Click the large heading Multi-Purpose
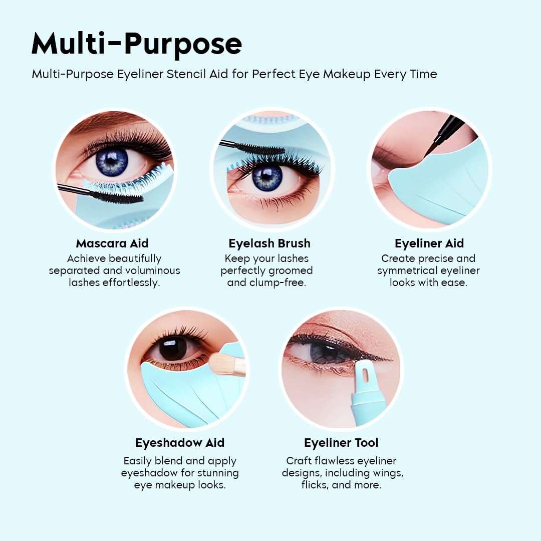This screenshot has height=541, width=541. click(x=136, y=44)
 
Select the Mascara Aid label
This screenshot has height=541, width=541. click(x=112, y=243)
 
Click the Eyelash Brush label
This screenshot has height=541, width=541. click(x=269, y=243)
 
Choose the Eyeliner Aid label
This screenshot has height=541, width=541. click(x=429, y=243)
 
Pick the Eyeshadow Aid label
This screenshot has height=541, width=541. click(x=180, y=443)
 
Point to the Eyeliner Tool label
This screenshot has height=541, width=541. click(x=341, y=443)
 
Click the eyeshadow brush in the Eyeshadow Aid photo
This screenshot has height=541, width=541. click(x=228, y=365)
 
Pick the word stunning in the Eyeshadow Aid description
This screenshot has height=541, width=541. click(x=215, y=473)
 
